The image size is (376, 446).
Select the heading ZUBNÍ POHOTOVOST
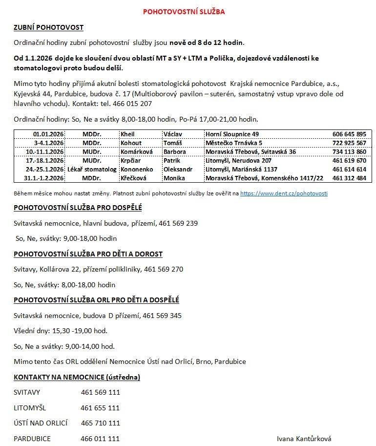(48, 28)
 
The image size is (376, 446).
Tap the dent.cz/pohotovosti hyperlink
(284, 193)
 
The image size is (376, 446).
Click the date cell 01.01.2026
(49, 134)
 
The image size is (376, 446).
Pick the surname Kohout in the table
(131, 143)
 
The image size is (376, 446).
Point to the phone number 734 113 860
(349, 151)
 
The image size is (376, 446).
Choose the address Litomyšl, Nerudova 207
(238, 160)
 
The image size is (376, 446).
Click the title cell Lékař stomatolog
(92, 169)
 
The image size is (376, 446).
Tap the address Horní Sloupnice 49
(232, 134)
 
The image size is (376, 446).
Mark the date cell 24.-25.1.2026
(46, 169)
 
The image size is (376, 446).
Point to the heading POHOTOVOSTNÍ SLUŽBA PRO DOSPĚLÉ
(78, 208)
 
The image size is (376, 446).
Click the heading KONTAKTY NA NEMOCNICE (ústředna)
(77, 377)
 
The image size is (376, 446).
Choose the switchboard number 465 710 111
(100, 423)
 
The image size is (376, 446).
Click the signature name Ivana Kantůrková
(304, 439)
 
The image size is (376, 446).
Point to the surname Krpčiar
(131, 160)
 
